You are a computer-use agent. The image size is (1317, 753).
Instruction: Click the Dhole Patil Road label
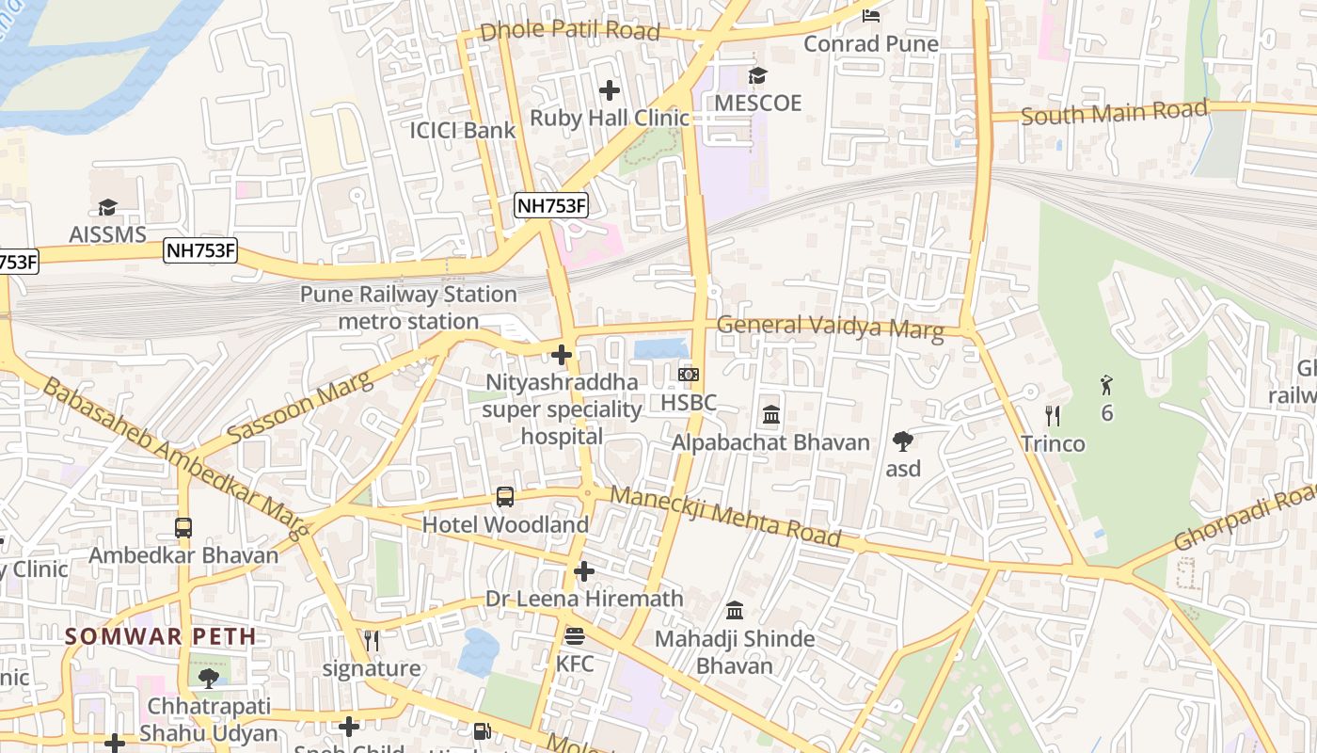tap(569, 30)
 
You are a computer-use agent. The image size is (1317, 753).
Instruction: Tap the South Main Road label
tap(1113, 113)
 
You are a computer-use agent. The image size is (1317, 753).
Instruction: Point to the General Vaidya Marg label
tap(830, 327)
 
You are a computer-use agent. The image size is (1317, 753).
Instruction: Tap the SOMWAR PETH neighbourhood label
tap(161, 636)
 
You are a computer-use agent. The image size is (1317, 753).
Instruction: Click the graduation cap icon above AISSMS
tap(107, 207)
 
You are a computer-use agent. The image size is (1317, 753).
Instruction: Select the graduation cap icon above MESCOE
tap(757, 75)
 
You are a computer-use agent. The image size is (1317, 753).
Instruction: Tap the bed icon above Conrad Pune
tap(871, 16)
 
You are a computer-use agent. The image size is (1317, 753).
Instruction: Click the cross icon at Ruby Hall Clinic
tap(610, 90)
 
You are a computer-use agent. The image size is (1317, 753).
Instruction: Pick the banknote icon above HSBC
tap(689, 375)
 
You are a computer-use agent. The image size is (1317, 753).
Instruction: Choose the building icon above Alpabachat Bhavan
tap(771, 414)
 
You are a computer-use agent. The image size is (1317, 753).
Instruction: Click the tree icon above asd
tap(903, 441)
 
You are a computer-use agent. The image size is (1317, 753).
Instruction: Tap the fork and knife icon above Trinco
tap(1053, 415)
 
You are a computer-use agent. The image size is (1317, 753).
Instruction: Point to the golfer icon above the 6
tap(1106, 384)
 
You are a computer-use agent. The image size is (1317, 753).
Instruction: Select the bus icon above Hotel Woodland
tap(505, 497)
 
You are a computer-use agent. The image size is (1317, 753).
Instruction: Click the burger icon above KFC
tap(575, 636)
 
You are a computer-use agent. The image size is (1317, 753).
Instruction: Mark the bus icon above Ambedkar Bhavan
tap(183, 528)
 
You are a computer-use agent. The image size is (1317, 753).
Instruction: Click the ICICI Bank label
tap(462, 130)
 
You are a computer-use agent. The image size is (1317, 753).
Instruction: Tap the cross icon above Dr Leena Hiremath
tap(584, 571)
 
